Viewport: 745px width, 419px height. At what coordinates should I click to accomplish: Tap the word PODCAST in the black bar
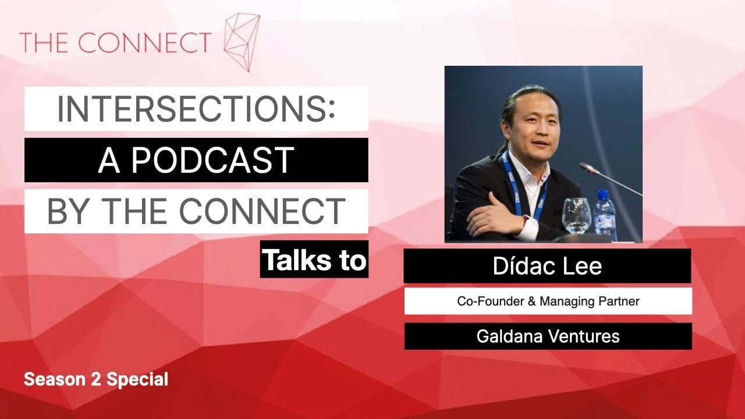[213, 161]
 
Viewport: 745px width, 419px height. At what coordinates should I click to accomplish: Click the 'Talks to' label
[314, 260]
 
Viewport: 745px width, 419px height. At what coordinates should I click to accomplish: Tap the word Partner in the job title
[619, 301]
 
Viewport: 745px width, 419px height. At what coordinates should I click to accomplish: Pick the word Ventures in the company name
[584, 336]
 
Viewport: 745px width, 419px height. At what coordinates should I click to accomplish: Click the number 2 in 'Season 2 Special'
[95, 379]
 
